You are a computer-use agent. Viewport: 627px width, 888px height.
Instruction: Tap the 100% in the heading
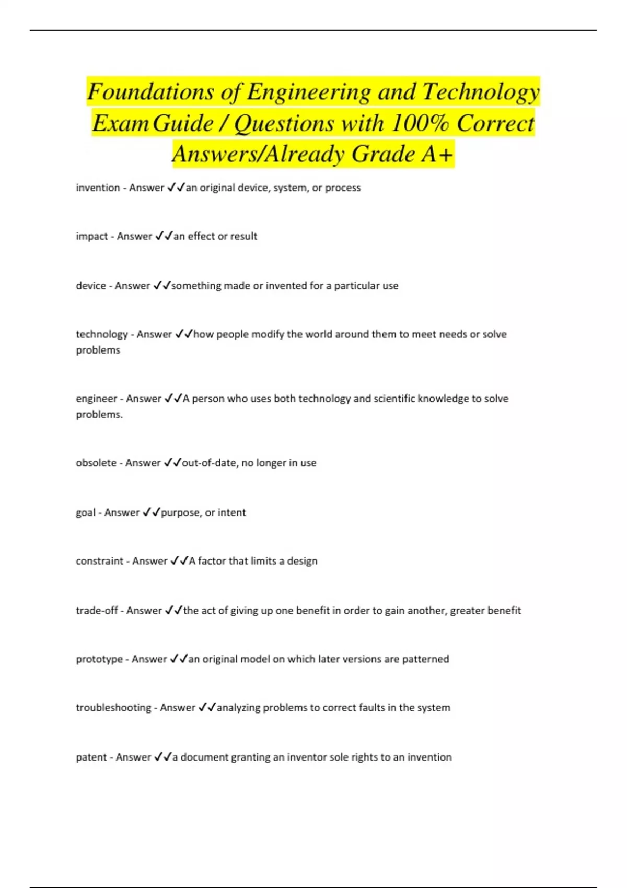420,124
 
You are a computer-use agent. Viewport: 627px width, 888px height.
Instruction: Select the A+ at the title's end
437,154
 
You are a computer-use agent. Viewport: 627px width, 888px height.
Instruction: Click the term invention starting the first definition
98,188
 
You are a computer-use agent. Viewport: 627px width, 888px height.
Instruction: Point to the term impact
92,236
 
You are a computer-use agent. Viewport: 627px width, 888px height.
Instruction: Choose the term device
91,286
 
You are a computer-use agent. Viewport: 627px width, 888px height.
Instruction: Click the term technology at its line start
102,334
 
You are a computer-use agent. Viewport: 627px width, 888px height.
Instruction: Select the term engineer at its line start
97,399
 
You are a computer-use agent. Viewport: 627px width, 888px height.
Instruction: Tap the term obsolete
96,463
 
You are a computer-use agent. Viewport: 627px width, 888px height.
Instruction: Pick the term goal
86,512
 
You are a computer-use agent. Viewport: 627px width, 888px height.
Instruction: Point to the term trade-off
97,611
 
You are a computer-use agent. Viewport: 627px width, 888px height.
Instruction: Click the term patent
91,757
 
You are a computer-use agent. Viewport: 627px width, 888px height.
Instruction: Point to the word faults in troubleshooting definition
368,708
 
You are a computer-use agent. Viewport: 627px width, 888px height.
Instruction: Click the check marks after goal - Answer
152,512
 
